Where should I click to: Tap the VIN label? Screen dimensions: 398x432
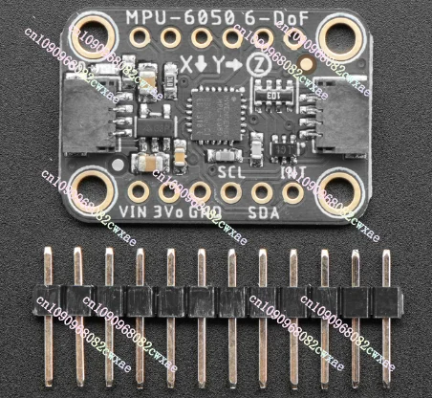pyautogui.click(x=137, y=211)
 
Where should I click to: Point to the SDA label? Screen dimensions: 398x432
pyautogui.click(x=263, y=211)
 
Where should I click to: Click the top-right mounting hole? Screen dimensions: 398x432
pyautogui.click(x=339, y=39)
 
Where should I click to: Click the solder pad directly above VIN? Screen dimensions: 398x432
pyautogui.click(x=139, y=189)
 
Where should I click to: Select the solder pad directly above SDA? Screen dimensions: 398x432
pyautogui.click(x=263, y=189)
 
